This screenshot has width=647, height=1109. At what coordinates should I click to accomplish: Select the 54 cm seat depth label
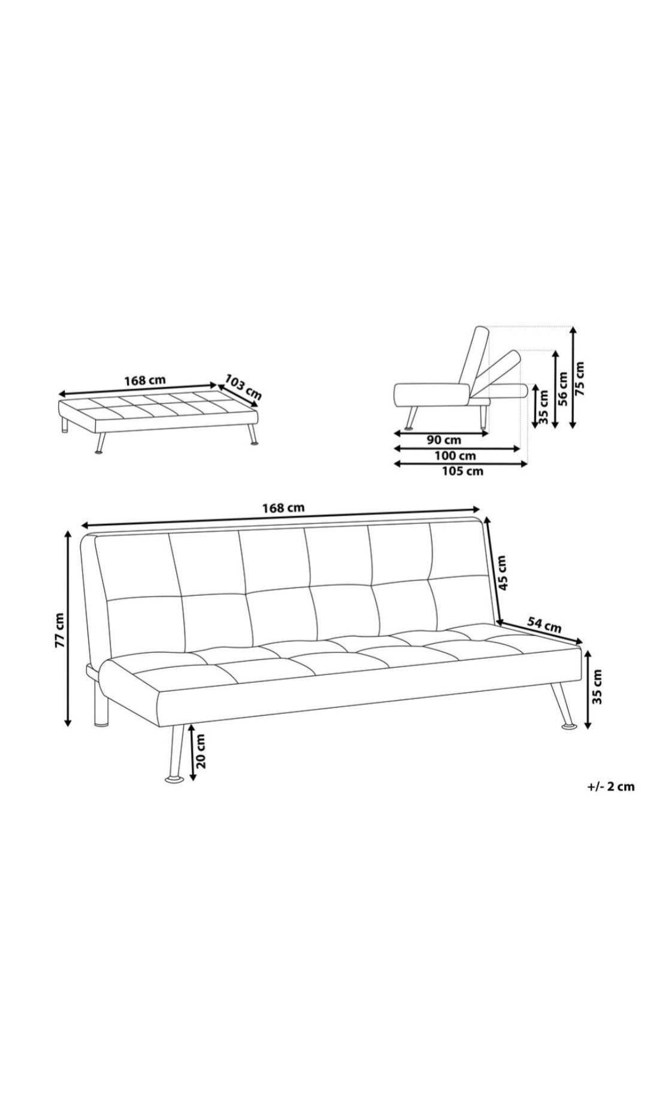point(544,625)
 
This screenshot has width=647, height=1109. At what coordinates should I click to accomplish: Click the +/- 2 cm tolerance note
point(610,787)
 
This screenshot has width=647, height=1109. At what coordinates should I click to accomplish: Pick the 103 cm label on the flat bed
point(243,387)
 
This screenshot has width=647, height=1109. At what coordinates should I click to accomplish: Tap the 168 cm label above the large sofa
point(283,508)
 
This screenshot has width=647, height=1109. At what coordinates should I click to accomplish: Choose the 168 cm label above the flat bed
point(145,381)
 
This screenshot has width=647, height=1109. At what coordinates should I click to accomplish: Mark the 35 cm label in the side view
point(544,406)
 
